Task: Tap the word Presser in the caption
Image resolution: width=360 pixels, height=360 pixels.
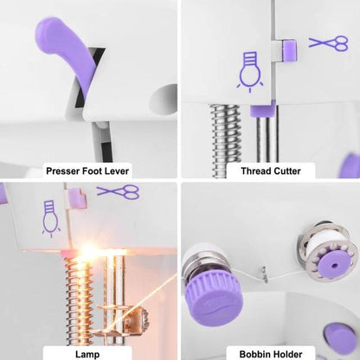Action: (63, 171)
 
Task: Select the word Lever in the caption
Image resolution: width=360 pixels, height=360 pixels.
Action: (117, 171)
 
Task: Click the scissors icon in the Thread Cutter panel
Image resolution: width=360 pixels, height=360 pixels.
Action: (329, 43)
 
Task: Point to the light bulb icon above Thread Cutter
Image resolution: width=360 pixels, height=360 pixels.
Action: (250, 72)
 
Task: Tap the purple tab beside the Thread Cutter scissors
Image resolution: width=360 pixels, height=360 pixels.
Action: (289, 50)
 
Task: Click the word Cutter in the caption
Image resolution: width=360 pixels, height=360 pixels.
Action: (287, 171)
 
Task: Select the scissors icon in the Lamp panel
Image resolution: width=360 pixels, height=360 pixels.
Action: (119, 192)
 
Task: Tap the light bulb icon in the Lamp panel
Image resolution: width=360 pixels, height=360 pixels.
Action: (51, 218)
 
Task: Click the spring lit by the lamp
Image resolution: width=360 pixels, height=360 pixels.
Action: (79, 300)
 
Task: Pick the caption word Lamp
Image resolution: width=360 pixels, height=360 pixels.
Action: (87, 354)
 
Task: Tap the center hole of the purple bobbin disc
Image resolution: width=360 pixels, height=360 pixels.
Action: (334, 265)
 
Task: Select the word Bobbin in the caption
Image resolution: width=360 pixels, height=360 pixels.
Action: (254, 354)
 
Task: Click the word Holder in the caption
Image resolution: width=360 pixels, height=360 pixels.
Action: (286, 354)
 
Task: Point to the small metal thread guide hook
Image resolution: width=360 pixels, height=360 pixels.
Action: (265, 274)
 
